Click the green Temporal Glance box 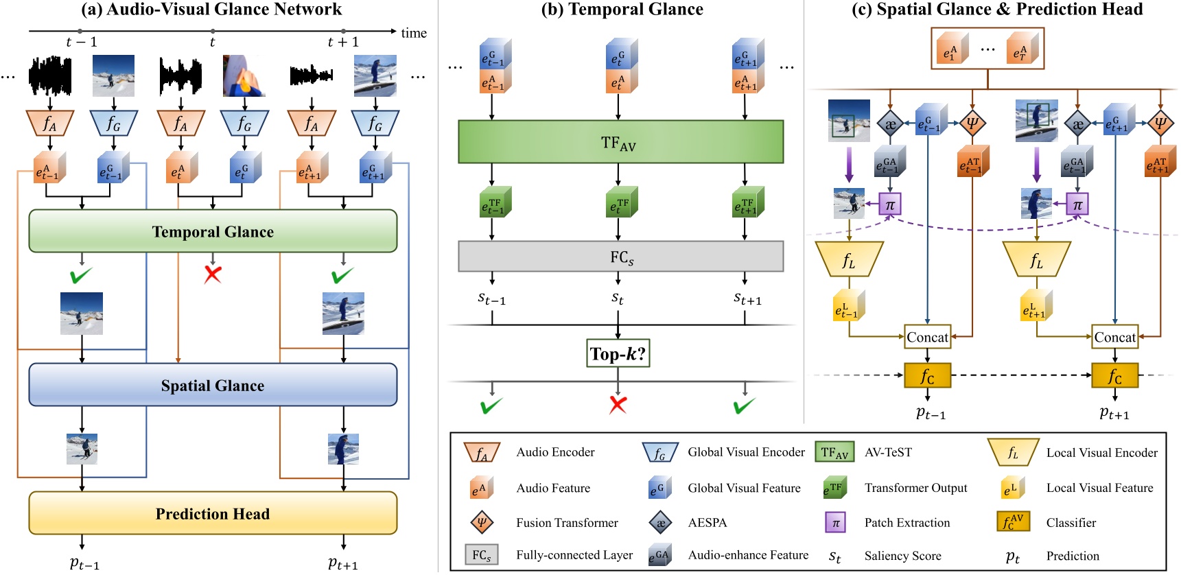pos(213,231)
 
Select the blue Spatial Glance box pos(213,385)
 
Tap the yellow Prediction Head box pos(213,513)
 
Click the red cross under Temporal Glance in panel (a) pos(213,274)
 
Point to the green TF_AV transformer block pos(620,142)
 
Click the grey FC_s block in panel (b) pos(620,257)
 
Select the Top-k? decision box pos(618,353)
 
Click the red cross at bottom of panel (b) pos(618,405)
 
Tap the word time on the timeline pos(414,33)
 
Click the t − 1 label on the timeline pos(81,43)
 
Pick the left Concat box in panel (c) pos(927,337)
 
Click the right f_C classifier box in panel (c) pos(1114,376)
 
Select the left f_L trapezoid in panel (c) pos(849,259)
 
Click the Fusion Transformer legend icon pos(482,522)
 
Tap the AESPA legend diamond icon pos(660,522)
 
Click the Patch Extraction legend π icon pos(835,522)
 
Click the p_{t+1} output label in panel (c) pos(1113,413)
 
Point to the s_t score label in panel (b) pos(618,298)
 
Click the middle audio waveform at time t pos(180,75)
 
